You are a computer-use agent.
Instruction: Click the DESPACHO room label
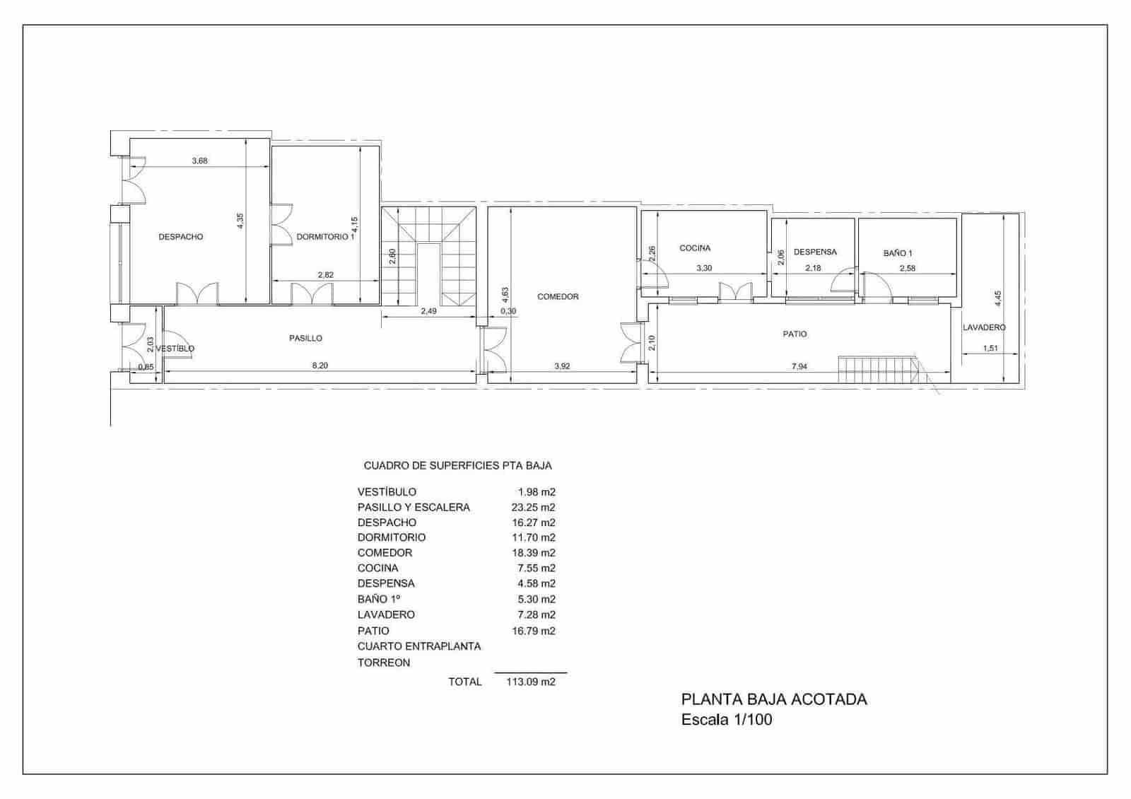point(180,237)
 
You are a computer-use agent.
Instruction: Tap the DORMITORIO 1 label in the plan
point(325,237)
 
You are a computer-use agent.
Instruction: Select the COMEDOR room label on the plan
point(558,297)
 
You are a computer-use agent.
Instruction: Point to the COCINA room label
point(695,248)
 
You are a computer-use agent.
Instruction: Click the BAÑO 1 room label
point(898,253)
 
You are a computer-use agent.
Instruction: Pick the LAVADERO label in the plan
point(984,327)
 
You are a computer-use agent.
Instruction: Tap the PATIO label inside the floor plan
point(795,334)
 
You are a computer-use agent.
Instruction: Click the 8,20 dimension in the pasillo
point(320,366)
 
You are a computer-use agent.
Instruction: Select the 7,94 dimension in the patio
point(799,366)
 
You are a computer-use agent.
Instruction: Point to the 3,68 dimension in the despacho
point(199,161)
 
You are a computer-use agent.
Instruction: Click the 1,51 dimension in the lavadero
point(990,348)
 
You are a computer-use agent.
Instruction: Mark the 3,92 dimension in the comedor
point(563,366)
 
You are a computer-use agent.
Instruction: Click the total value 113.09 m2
point(530,682)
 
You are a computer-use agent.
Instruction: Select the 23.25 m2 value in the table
point(533,508)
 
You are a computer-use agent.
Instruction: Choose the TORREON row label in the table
point(384,663)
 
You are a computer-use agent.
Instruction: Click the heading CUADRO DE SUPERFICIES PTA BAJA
point(457,466)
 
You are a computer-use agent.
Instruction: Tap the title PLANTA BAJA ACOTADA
point(774,700)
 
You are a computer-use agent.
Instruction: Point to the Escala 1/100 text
point(727,721)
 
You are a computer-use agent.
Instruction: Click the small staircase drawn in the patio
point(877,369)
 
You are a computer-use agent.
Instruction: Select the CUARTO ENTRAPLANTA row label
point(419,646)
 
